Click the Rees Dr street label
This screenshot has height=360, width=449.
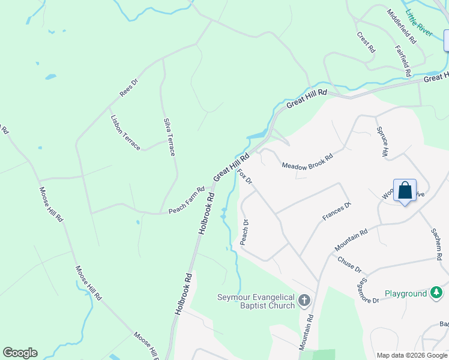[x=129, y=88]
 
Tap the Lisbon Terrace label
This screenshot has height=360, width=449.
[x=125, y=132]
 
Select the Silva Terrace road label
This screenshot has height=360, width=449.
[x=169, y=137]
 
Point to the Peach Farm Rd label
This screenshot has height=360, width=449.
[x=187, y=200]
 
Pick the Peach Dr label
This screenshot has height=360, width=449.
[x=244, y=231]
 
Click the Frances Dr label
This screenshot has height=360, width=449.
[x=336, y=212]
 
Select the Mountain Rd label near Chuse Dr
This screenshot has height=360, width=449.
[x=351, y=239]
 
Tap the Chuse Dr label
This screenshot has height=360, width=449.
[x=349, y=265]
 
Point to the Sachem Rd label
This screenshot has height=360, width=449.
[x=436, y=244]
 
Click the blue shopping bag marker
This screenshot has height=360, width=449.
[x=405, y=191]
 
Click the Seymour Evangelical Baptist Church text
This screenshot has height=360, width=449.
[x=256, y=301]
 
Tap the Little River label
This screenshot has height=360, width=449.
[x=419, y=23]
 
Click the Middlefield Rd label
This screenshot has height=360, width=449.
[x=402, y=27]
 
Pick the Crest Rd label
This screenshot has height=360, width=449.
[x=366, y=43]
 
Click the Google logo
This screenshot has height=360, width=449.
[x=20, y=353]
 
